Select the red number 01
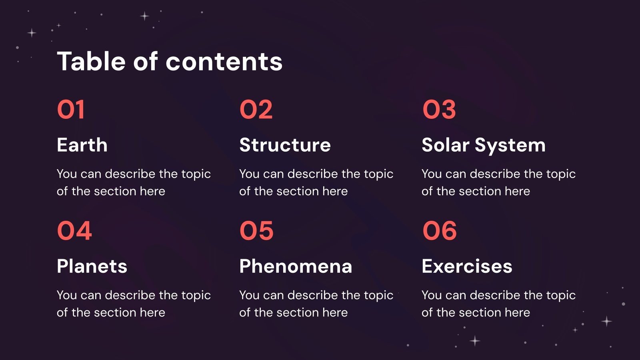point(71,110)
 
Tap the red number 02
point(256,110)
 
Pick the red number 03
point(439,110)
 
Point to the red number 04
point(74,231)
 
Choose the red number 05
point(256,231)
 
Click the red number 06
point(440,231)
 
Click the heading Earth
point(82,145)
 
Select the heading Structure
point(285,145)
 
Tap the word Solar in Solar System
point(445,145)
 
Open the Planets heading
point(92,266)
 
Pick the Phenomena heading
point(296,266)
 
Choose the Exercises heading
point(467,266)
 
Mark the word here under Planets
point(152,312)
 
